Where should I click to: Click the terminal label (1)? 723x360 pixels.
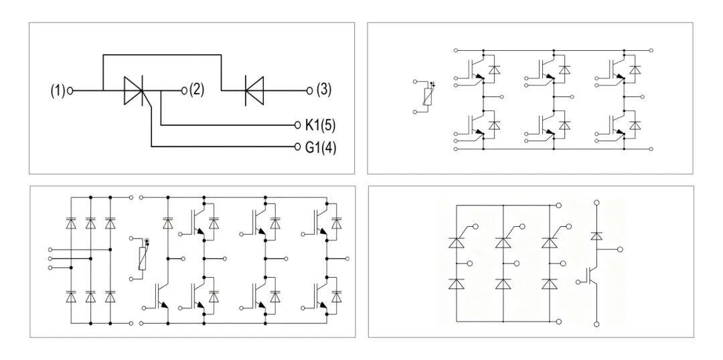[x=58, y=91]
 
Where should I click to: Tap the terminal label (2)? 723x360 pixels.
[x=196, y=90]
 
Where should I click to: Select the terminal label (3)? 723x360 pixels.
[x=324, y=90]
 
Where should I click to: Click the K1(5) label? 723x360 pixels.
[x=320, y=125]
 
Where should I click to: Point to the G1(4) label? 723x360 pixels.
[x=321, y=147]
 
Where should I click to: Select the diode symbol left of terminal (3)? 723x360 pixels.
[x=254, y=90]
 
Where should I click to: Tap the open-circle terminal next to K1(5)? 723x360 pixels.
[x=297, y=125]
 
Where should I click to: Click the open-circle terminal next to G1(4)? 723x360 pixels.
[x=297, y=147]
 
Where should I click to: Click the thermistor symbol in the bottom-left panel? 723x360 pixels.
[x=143, y=258]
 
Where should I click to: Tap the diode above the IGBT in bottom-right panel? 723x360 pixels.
[x=596, y=236]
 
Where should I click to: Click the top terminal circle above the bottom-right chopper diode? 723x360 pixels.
[x=596, y=202]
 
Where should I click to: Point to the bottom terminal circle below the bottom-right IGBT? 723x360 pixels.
[x=596, y=325]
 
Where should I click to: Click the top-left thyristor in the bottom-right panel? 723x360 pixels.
[x=457, y=241]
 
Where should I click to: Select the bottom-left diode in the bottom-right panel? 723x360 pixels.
[x=457, y=284]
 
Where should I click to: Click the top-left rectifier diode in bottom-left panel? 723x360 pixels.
[x=71, y=223]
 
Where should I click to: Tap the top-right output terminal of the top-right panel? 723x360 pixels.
[x=651, y=50]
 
